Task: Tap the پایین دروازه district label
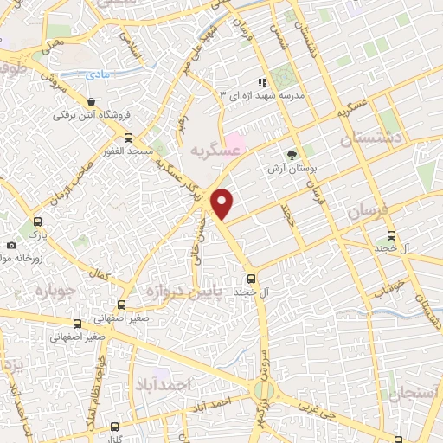click(185, 291)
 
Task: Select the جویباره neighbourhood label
click(33, 290)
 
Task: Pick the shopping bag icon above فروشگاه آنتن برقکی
click(92, 101)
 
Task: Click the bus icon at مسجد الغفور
click(128, 138)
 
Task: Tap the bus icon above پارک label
click(37, 221)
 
